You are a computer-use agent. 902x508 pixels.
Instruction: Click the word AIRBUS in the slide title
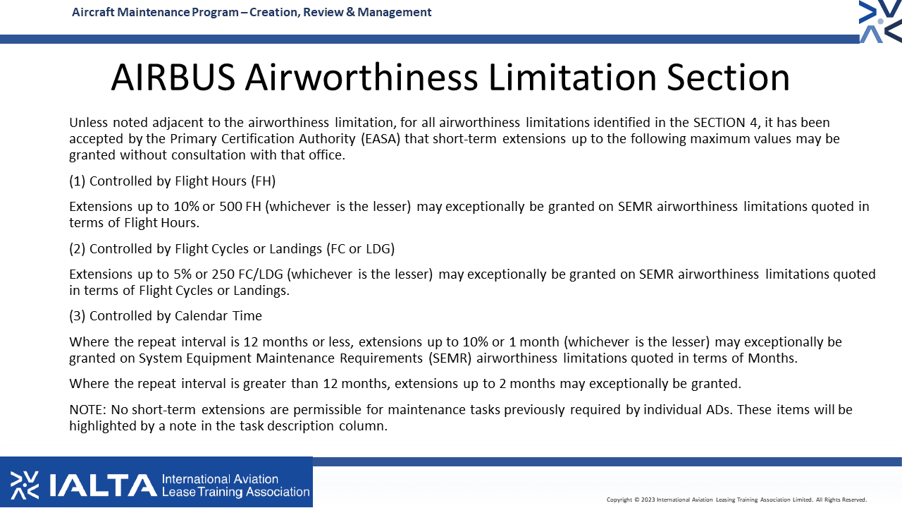tap(173, 77)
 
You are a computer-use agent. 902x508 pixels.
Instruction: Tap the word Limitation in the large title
tap(572, 77)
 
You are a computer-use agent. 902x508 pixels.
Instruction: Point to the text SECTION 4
tap(725, 123)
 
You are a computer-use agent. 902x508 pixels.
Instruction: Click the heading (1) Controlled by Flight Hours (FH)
tap(173, 181)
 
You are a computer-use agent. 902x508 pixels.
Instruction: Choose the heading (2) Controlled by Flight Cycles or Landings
tap(232, 249)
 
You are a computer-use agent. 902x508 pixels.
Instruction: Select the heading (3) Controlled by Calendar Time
tap(166, 315)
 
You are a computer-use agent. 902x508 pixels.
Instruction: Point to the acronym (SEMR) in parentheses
tap(450, 358)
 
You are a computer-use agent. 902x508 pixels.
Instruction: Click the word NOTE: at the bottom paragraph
tap(88, 410)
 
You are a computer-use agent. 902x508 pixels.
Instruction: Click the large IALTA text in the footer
tap(103, 485)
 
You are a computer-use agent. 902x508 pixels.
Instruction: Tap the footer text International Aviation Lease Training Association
tap(235, 485)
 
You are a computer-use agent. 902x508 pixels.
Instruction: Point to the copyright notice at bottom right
tap(736, 500)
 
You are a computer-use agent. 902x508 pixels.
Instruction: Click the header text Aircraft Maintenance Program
tap(155, 12)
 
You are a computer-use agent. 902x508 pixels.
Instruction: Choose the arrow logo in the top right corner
tap(880, 22)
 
